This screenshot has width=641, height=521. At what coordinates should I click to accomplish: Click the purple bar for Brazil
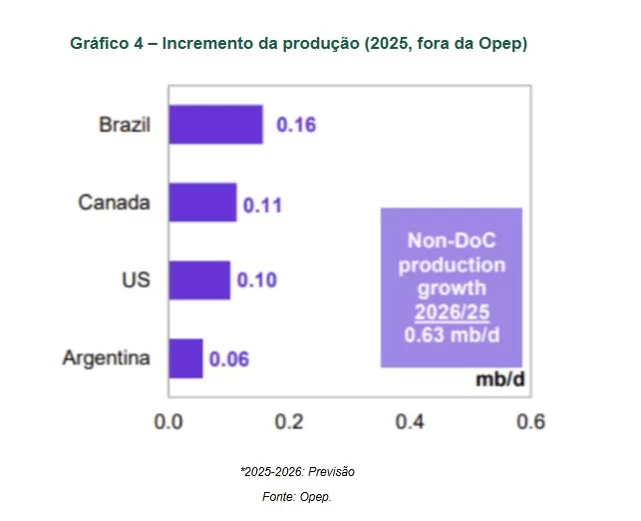point(215,125)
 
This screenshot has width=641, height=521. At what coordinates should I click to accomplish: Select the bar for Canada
point(202,203)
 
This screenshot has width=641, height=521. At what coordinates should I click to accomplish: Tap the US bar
point(199,280)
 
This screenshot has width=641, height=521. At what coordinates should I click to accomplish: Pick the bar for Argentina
point(185,358)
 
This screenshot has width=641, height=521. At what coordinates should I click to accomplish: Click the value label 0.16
point(296,126)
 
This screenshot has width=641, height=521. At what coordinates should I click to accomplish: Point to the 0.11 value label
point(263,207)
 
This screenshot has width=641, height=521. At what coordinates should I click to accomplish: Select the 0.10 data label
point(256,280)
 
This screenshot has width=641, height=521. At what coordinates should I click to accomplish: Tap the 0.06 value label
point(228,359)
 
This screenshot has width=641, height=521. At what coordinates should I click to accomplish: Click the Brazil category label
point(125,126)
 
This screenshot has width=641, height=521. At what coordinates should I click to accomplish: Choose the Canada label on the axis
point(115,203)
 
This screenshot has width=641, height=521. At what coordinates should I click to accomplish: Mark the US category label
point(136,279)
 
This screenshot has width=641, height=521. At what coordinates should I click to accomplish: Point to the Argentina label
point(107,357)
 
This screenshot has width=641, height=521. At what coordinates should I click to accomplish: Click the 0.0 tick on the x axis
point(168,422)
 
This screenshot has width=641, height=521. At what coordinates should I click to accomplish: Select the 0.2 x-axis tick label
point(289,422)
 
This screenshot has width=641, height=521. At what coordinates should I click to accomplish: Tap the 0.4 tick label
point(410,422)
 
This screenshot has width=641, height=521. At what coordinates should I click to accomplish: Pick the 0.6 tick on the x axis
point(530,422)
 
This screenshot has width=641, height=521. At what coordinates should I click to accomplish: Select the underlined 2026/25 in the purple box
point(452,312)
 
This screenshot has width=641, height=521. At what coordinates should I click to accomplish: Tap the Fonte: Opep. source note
point(297,495)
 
